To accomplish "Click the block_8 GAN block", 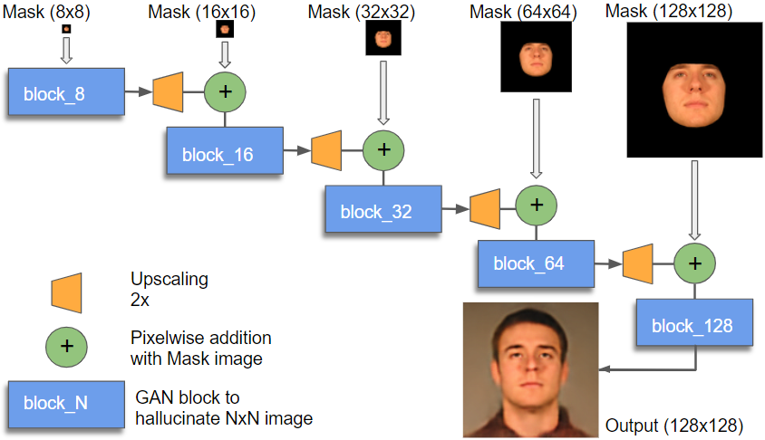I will (x=65, y=91).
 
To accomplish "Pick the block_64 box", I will (x=536, y=263).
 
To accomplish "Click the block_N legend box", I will (x=65, y=403).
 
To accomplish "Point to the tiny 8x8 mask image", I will (x=66, y=29).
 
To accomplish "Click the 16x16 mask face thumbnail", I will (x=225, y=29).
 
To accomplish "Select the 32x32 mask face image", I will (x=382, y=39).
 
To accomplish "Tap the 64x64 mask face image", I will (x=536, y=57).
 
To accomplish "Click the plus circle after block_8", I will (x=225, y=91).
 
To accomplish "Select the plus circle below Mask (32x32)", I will (x=383, y=148).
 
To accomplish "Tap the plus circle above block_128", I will (x=694, y=263).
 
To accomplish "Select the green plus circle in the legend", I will (x=65, y=345).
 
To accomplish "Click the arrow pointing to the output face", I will (x=634, y=368).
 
